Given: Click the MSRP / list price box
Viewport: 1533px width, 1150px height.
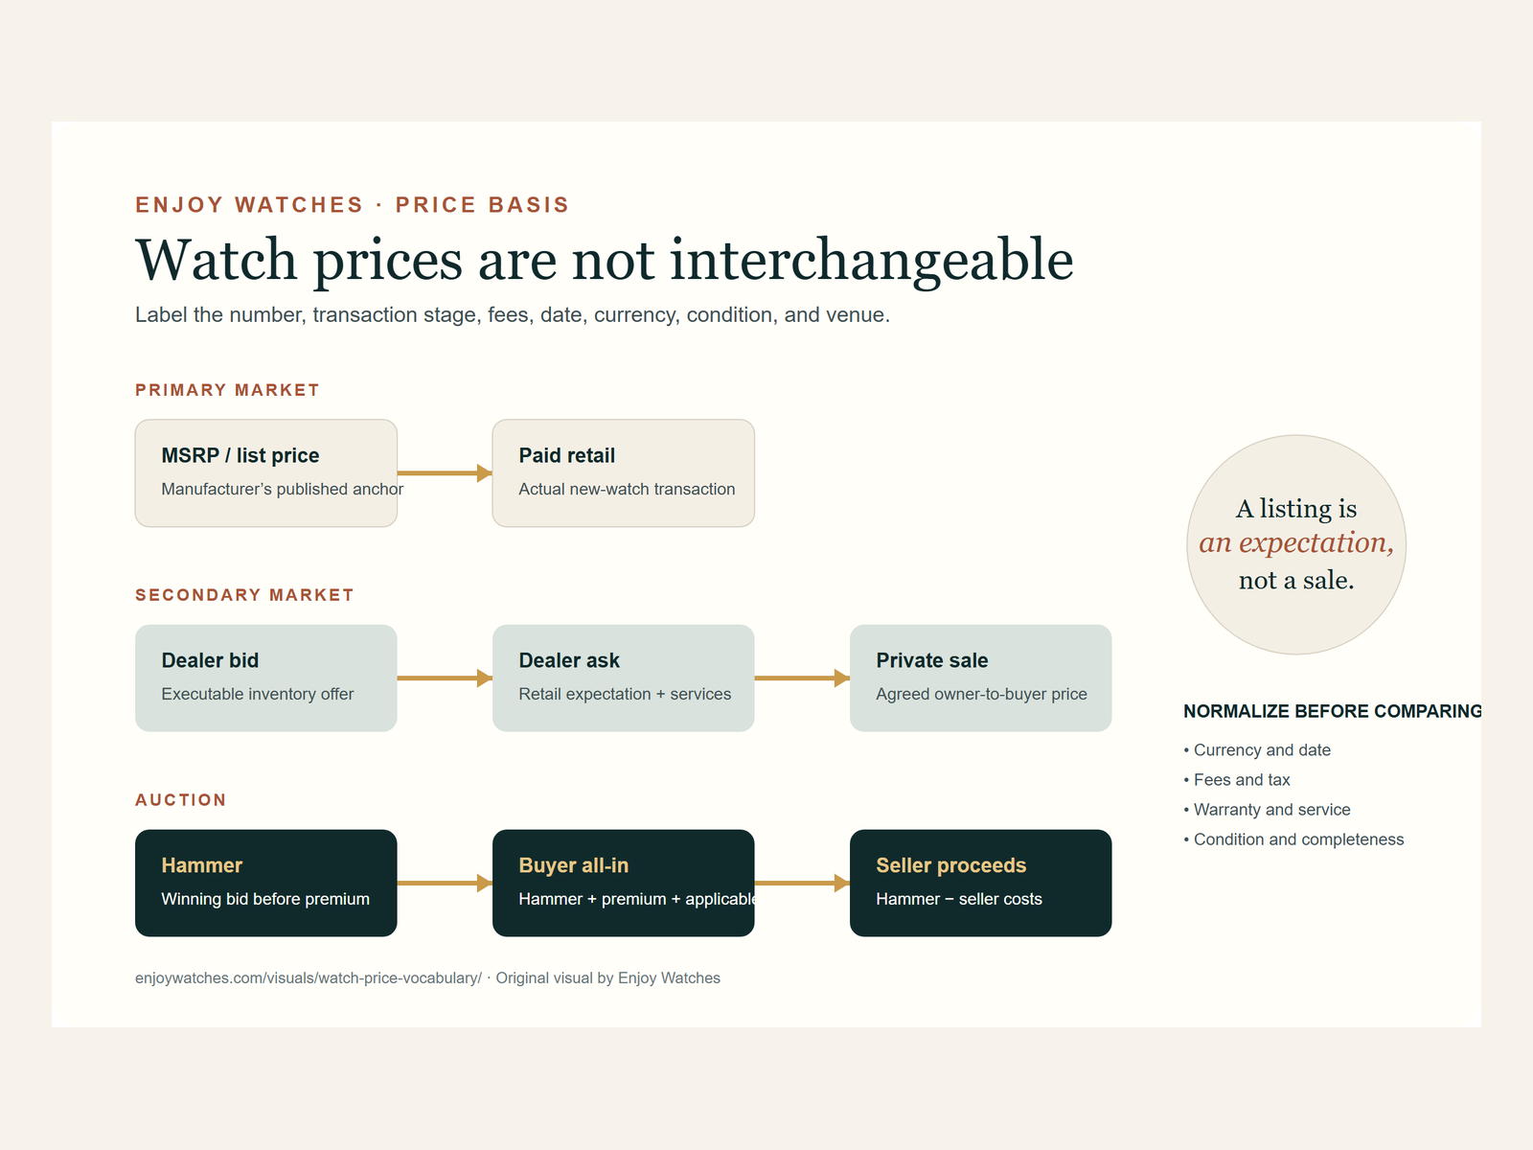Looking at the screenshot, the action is coord(266,472).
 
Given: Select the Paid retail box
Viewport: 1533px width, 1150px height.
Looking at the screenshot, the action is coord(623,472).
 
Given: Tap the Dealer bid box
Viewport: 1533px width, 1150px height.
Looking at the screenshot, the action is coord(266,678).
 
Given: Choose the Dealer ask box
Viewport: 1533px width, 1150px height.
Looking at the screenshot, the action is coord(623,678).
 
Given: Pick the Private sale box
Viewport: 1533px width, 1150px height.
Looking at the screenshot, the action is coord(980,678).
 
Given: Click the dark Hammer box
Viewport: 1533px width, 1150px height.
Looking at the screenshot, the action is coord(266,883).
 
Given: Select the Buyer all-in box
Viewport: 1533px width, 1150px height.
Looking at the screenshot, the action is coord(623,883).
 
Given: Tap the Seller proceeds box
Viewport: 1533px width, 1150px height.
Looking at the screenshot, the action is coord(980,883).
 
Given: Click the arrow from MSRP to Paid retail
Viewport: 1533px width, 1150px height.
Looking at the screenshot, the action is coord(445,472).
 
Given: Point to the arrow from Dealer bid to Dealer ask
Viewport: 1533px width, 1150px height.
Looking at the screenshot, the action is coord(445,678).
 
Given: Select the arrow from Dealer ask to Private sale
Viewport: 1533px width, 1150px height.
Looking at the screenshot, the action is coord(803,678).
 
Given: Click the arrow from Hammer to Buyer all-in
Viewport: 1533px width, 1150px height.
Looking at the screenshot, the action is coord(445,883).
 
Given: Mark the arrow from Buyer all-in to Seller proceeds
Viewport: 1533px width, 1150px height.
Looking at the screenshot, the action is coord(803,883).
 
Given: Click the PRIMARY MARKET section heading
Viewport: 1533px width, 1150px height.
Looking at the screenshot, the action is coord(227,390).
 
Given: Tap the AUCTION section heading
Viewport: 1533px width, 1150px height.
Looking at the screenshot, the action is coord(181,799).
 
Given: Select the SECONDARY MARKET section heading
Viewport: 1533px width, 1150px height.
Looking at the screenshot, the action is coord(244,595).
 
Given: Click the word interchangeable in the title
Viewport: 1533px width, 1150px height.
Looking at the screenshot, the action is coord(872,261).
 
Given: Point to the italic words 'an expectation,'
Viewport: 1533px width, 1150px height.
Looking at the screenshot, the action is coord(1296,543).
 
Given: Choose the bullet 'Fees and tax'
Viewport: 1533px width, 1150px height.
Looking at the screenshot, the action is coord(1237,779).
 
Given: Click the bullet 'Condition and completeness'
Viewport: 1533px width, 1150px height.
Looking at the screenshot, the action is coord(1293,839).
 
